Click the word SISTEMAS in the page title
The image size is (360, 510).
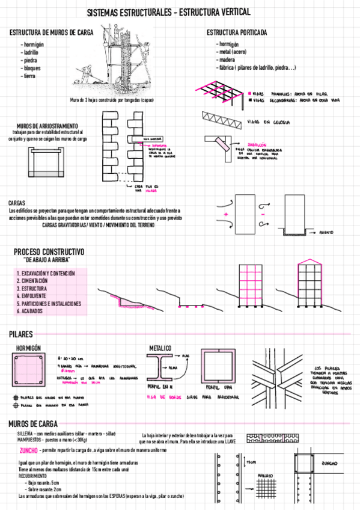[x=106, y=13]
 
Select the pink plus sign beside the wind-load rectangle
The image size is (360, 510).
[x=225, y=214]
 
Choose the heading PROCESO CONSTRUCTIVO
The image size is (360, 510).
[x=49, y=251]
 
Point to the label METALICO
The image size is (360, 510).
[x=160, y=348]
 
